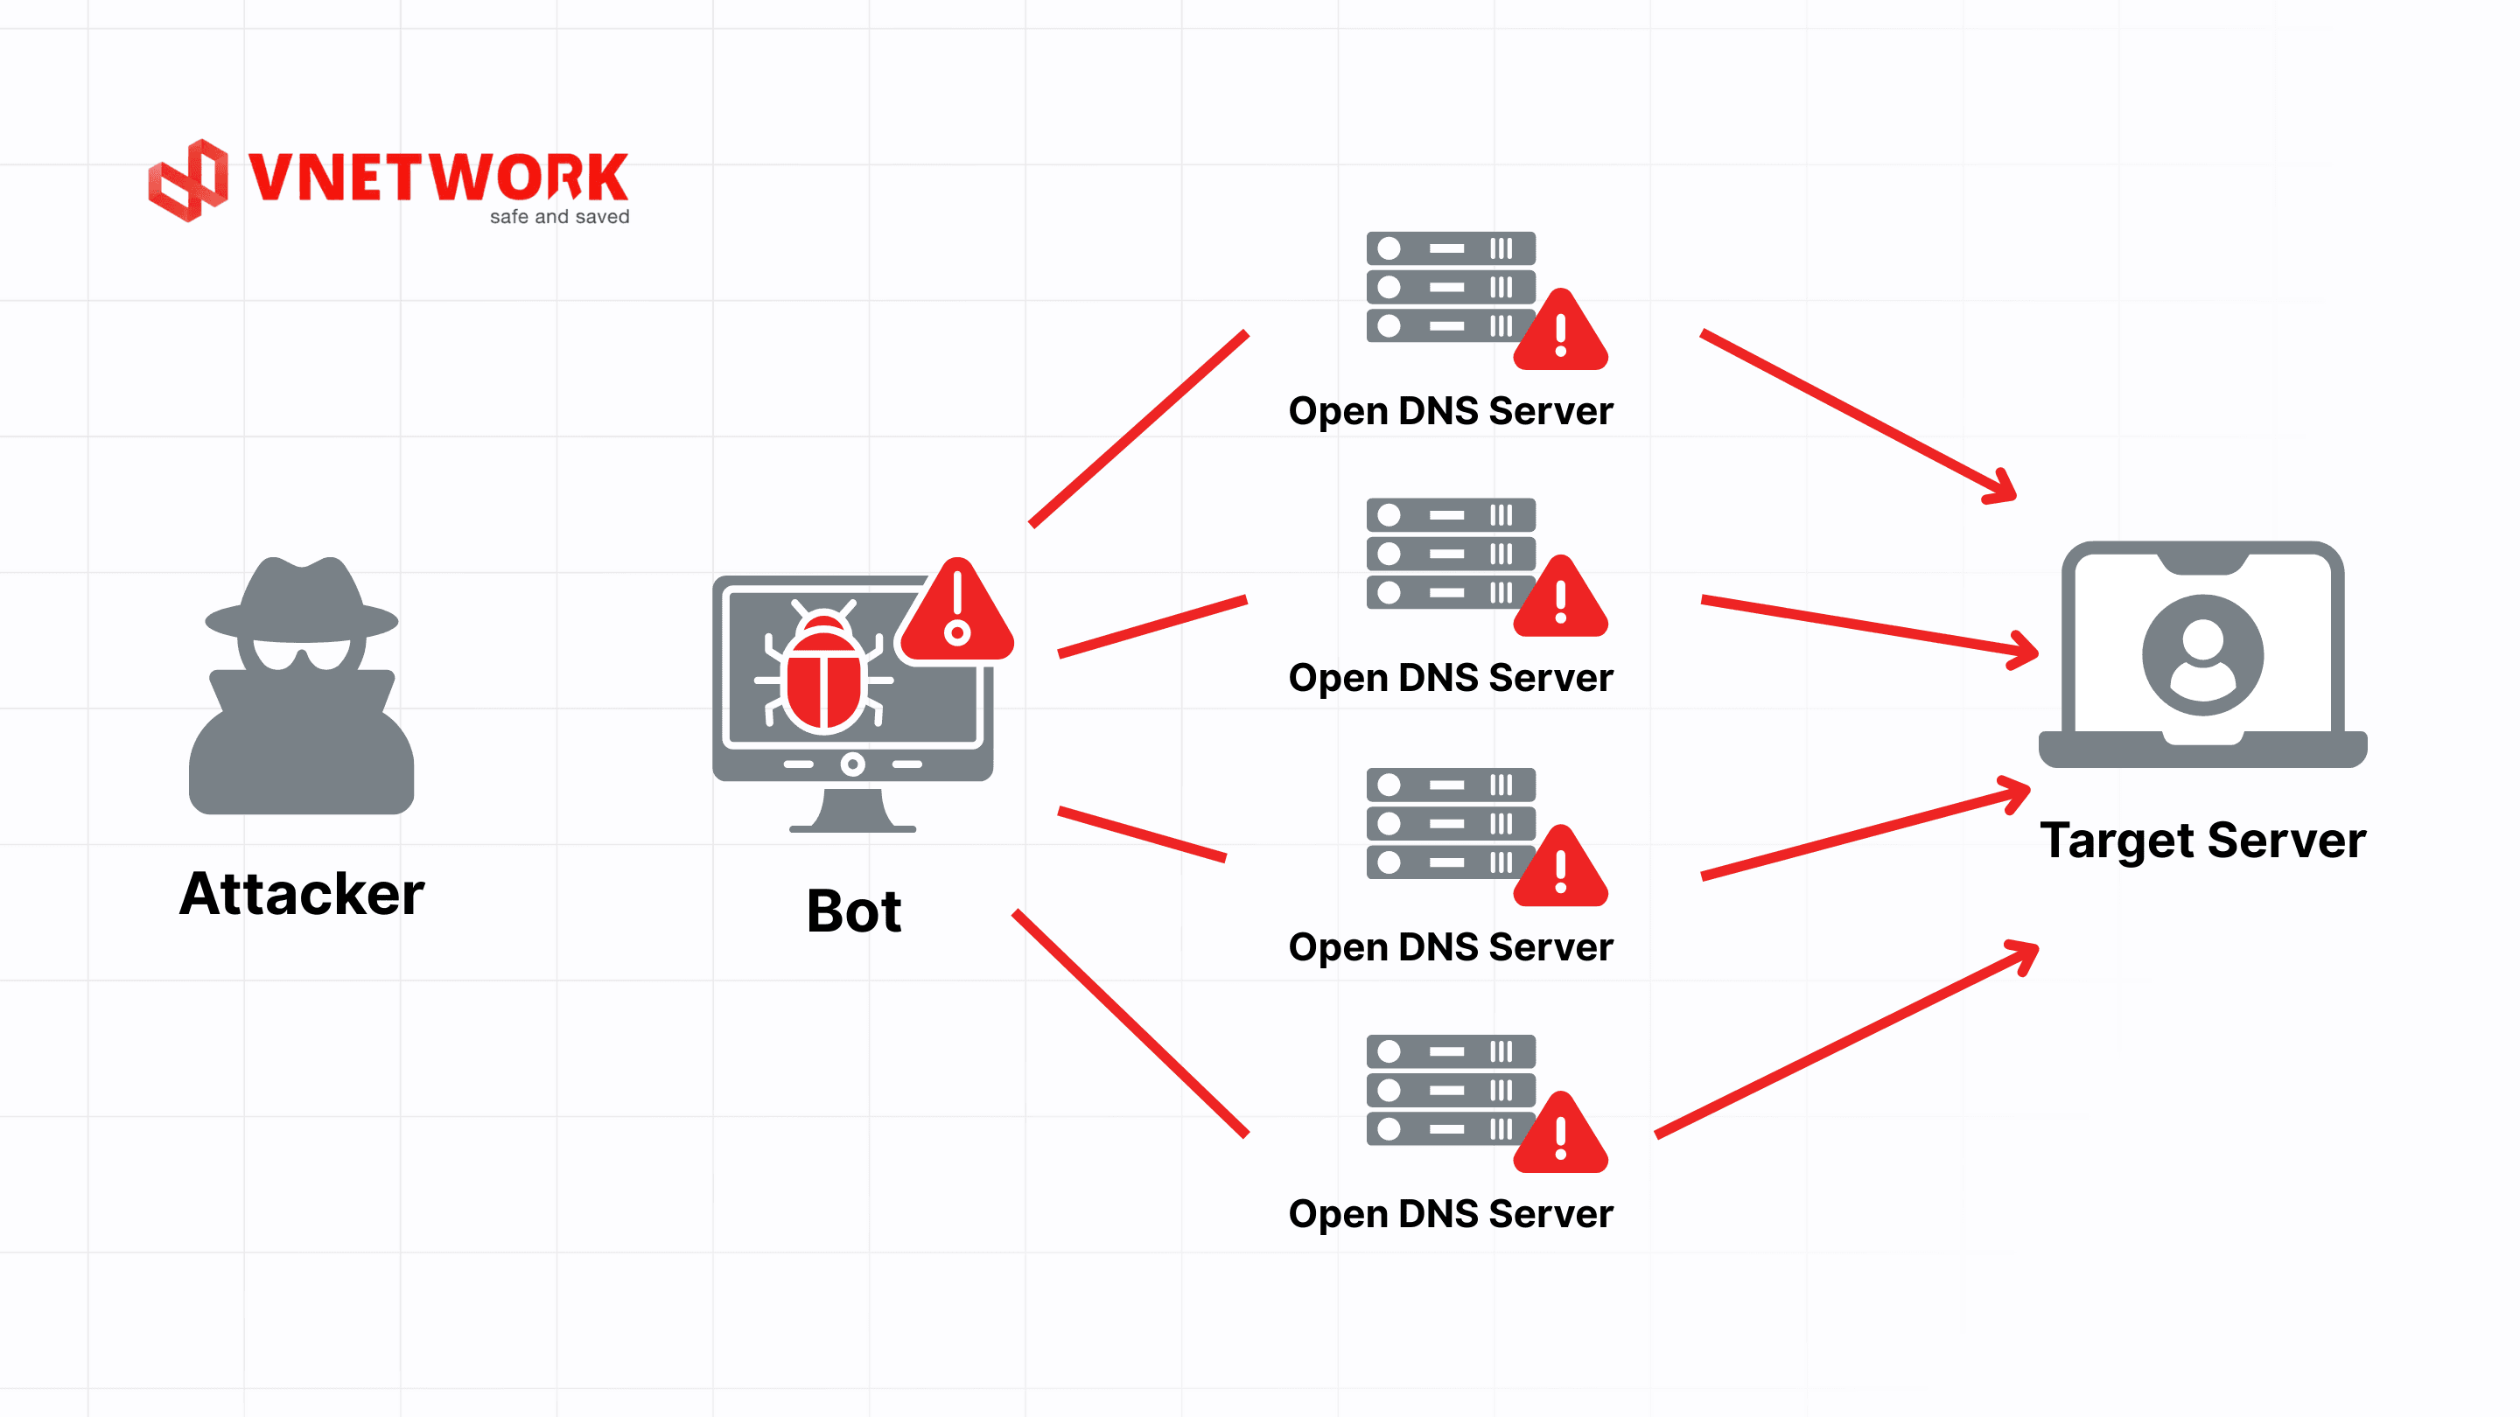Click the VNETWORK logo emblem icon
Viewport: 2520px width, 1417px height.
[188, 180]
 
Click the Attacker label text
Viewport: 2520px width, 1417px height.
[301, 894]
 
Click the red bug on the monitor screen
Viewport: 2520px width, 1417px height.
[822, 674]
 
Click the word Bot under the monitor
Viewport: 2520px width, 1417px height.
[853, 911]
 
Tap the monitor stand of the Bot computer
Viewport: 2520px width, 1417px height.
[852, 811]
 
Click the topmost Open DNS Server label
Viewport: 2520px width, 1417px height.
[1450, 411]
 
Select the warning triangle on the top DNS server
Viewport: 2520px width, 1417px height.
[1560, 333]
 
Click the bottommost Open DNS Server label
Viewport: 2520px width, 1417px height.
[1450, 1213]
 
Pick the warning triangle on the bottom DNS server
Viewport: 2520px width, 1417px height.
[1560, 1136]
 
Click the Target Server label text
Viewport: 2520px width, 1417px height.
[2202, 840]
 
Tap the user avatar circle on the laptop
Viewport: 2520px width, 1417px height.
[2202, 654]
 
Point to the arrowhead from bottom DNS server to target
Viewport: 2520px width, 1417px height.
[2023, 953]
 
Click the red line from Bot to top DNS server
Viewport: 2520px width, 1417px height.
[1138, 429]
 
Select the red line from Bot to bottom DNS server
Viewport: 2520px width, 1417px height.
[1130, 1023]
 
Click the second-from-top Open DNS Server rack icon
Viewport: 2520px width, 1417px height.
[1450, 554]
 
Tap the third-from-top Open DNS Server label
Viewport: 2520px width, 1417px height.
[1450, 946]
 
